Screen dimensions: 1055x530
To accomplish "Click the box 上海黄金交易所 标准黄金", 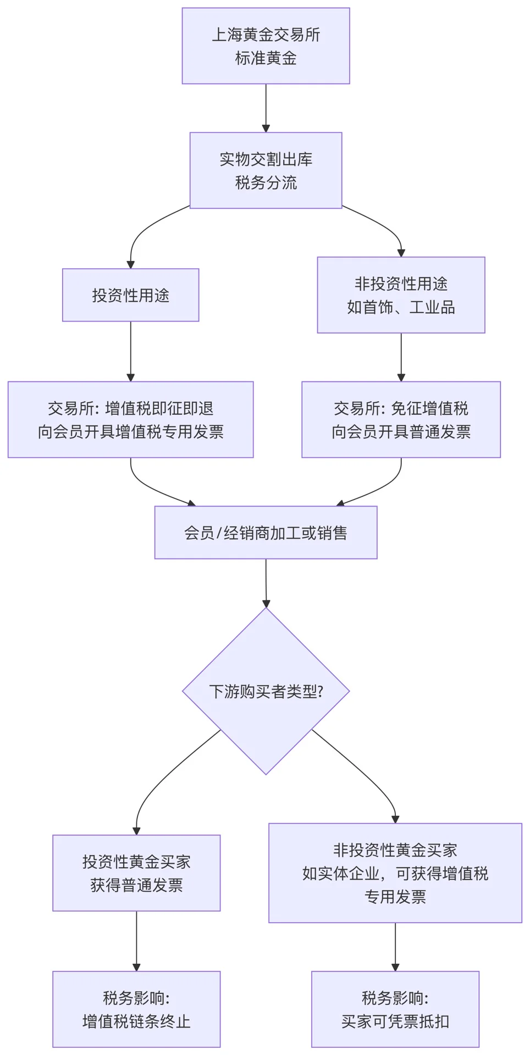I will pos(266,46).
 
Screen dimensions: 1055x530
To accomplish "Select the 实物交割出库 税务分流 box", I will pos(266,170).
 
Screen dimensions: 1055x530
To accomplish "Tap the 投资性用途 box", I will pos(130,295).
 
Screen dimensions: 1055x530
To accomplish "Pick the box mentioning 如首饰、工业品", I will pos(401,295).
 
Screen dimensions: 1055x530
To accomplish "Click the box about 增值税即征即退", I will pos(130,420).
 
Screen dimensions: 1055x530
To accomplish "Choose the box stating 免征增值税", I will pos(401,420).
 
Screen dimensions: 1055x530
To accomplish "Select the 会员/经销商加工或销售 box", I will pos(266,532).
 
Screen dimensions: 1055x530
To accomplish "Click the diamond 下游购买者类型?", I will pos(266,691).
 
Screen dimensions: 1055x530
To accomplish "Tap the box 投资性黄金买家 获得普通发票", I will pos(136,873).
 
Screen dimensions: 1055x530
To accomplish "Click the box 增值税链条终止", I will pos(136,1009).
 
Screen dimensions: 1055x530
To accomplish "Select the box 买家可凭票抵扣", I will pos(395,1009).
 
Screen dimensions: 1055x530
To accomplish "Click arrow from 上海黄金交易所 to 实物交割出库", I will pos(266,108).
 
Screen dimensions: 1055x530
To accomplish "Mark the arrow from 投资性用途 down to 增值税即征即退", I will pos(130,352).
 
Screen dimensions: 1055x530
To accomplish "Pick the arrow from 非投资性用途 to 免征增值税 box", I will pos(401,357).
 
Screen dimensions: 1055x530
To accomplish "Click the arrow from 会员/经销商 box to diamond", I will pos(266,582).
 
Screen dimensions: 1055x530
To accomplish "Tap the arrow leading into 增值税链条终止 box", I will pos(136,941).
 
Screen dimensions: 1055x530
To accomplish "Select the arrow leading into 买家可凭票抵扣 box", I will pos(395,947).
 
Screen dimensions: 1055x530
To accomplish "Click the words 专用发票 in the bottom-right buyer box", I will pos(395,897).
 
